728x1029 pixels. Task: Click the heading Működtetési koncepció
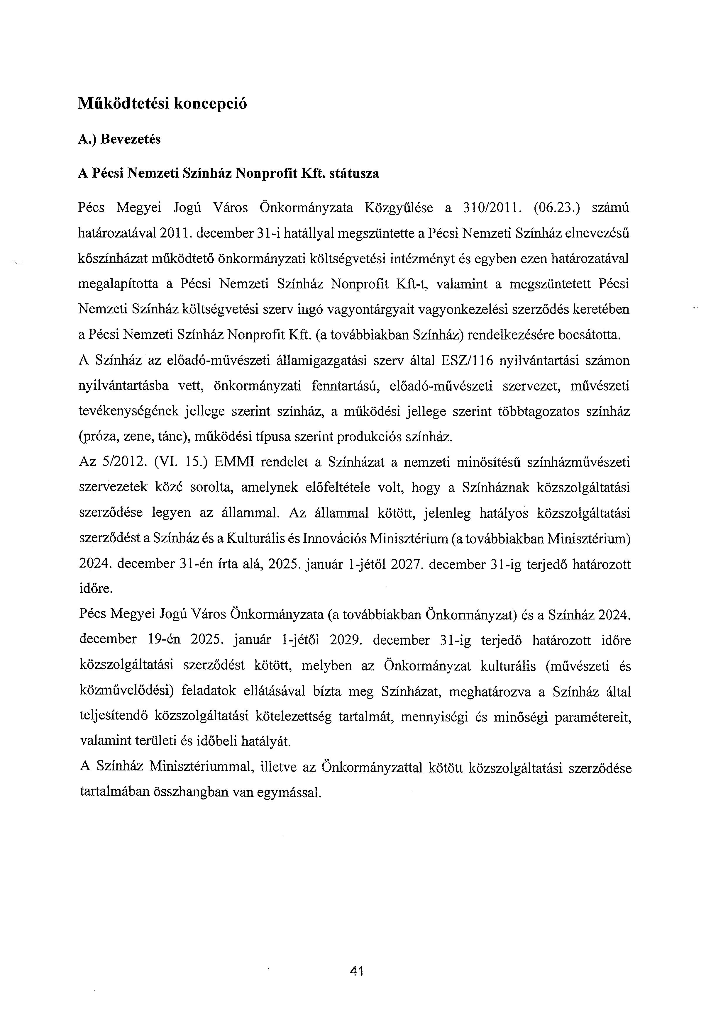coord(162,104)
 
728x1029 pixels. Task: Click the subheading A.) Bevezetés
coord(119,139)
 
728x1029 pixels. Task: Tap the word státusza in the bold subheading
coord(354,174)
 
